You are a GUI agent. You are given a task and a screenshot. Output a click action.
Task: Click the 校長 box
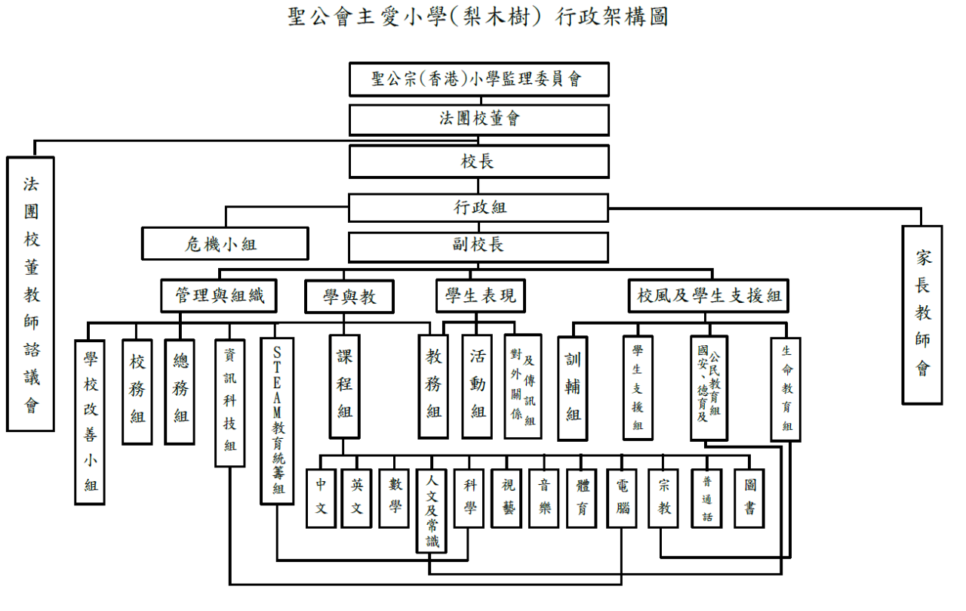(x=478, y=162)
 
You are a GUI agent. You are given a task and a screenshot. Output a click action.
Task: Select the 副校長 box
(x=478, y=247)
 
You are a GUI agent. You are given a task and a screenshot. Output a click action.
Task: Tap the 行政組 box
(x=478, y=208)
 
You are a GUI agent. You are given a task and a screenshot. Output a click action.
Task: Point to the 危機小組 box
(x=225, y=244)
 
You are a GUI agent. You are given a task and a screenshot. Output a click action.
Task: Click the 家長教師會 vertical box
(x=922, y=315)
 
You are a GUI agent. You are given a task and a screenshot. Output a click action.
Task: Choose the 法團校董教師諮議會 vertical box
(x=31, y=294)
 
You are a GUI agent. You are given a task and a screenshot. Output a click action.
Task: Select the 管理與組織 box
(x=219, y=295)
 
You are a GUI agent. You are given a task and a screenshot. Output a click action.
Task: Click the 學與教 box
(x=349, y=297)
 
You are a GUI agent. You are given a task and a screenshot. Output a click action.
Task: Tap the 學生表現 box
(x=481, y=295)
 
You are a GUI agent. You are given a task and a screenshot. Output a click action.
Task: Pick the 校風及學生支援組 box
(x=708, y=295)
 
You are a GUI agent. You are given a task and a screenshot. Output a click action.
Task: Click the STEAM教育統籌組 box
(x=277, y=421)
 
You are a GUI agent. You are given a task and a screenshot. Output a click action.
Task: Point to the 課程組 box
(x=345, y=387)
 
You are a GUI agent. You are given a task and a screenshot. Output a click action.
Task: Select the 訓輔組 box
(x=572, y=388)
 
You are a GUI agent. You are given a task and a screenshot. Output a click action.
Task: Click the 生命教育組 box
(x=786, y=390)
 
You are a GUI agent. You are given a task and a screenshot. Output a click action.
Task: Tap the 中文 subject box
(x=321, y=498)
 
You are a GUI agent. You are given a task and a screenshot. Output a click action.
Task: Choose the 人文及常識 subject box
(x=431, y=511)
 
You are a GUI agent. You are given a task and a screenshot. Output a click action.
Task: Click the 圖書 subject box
(x=749, y=498)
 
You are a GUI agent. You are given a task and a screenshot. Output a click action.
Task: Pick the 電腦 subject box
(x=622, y=498)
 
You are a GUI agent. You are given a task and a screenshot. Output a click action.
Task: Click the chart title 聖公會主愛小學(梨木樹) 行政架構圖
(x=478, y=17)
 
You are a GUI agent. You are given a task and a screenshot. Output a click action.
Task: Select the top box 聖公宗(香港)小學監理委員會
(x=478, y=79)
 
